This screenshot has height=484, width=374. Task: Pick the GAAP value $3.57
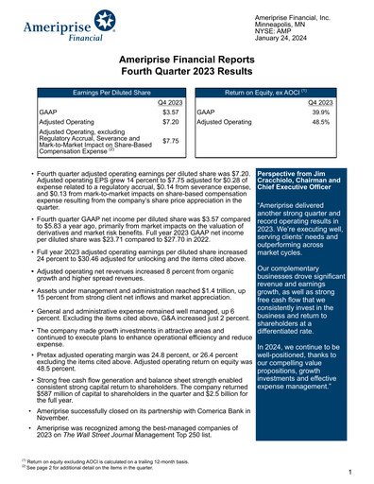pos(170,112)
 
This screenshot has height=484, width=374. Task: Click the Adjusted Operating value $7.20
pos(170,123)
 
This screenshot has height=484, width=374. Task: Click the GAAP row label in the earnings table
pos(45,112)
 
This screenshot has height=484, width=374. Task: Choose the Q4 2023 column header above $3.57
pos(170,102)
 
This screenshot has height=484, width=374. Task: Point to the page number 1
pos(349,471)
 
